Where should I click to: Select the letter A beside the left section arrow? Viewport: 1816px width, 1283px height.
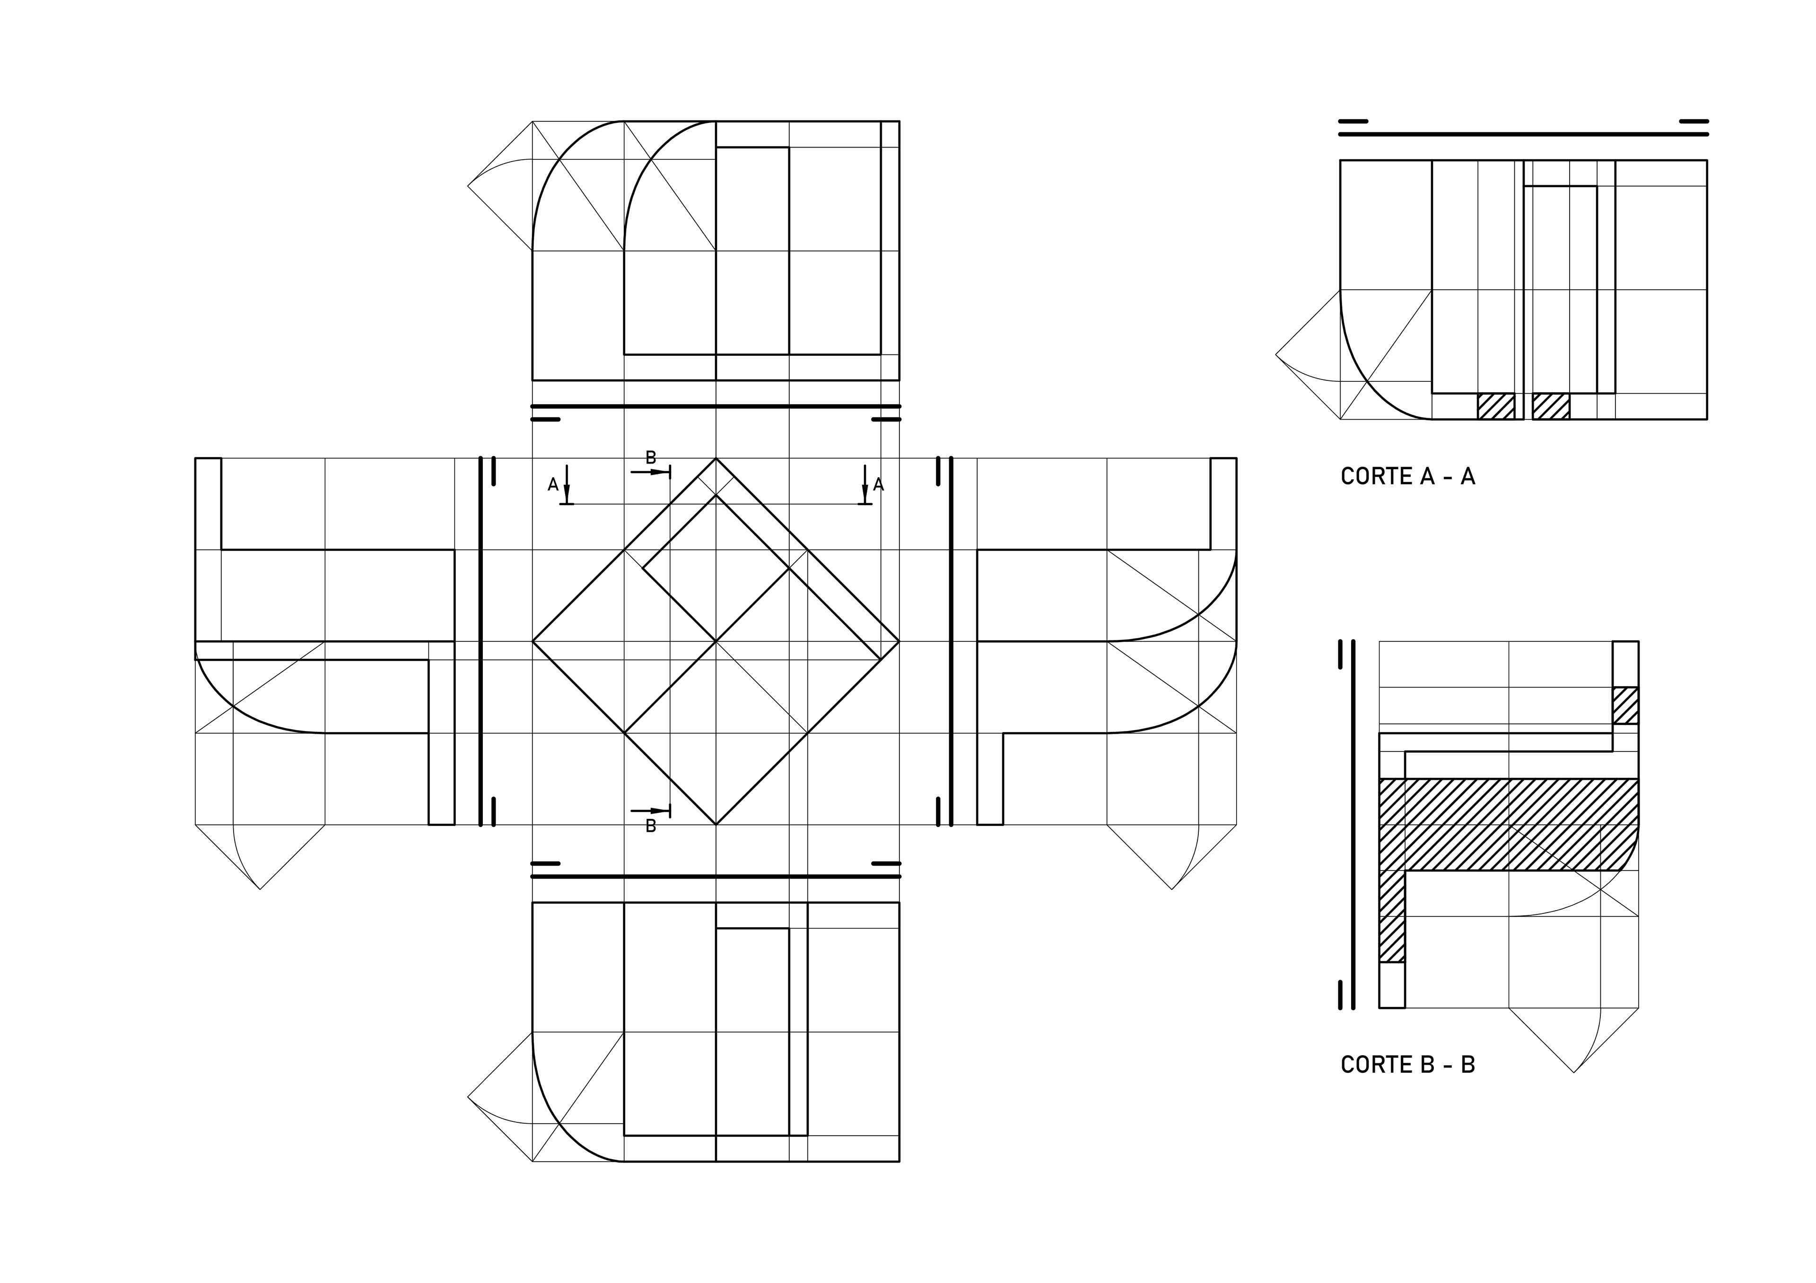point(553,484)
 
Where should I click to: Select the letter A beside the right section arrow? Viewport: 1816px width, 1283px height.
point(879,484)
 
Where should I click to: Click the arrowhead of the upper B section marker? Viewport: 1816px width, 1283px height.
point(661,472)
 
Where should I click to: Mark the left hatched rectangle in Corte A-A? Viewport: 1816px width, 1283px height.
point(1496,406)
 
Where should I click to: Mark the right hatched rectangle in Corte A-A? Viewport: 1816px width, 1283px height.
point(1551,406)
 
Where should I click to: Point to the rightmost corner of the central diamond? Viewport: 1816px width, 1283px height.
point(899,641)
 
